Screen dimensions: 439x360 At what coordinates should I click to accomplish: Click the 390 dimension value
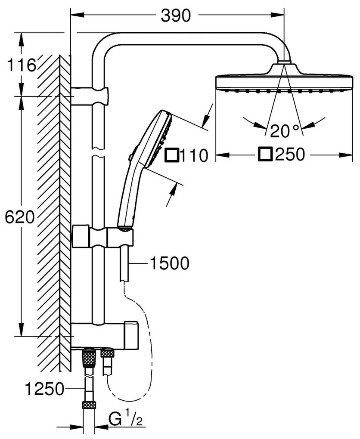pos(176,16)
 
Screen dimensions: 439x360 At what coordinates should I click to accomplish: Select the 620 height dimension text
pos(19,217)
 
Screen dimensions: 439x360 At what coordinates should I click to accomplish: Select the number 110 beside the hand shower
pos(194,155)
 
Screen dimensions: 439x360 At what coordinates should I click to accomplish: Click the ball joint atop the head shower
pos(282,64)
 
